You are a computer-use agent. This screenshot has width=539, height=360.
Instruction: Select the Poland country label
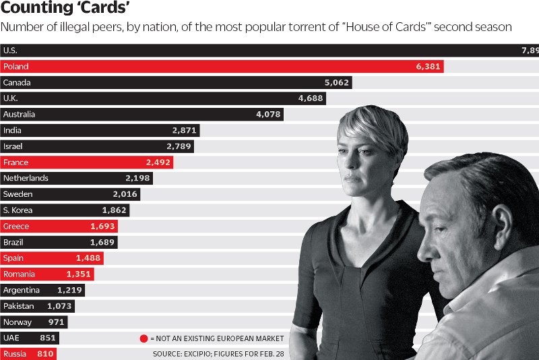coord(15,67)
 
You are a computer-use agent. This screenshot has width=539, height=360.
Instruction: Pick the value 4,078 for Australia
coord(268,115)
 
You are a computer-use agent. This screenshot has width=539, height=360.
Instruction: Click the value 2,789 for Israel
coord(179,146)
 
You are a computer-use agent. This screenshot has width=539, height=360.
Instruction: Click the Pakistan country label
coord(18,306)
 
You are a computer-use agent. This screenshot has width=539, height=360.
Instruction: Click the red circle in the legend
coord(144,338)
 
